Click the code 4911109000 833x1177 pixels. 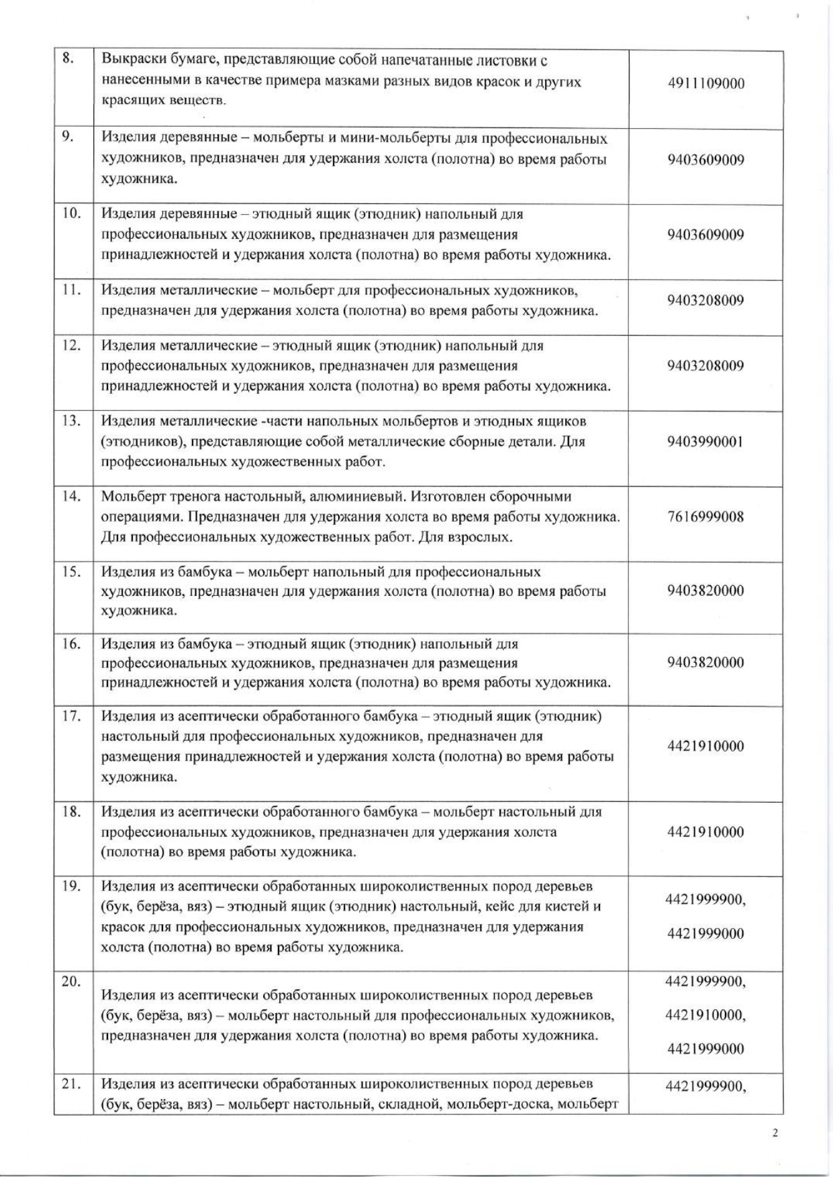pyautogui.click(x=706, y=84)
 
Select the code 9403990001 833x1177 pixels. pyautogui.click(x=705, y=442)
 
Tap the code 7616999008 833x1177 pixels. pyautogui.click(x=705, y=517)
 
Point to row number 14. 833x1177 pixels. pyautogui.click(x=71, y=497)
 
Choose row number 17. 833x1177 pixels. pyautogui.click(x=71, y=715)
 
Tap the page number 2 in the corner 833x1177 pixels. pyautogui.click(x=775, y=1133)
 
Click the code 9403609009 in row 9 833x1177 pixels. pyautogui.click(x=705, y=160)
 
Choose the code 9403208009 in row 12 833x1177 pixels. pyautogui.click(x=705, y=366)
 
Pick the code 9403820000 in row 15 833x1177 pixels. pyautogui.click(x=705, y=591)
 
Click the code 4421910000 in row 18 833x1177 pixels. pyautogui.click(x=705, y=832)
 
